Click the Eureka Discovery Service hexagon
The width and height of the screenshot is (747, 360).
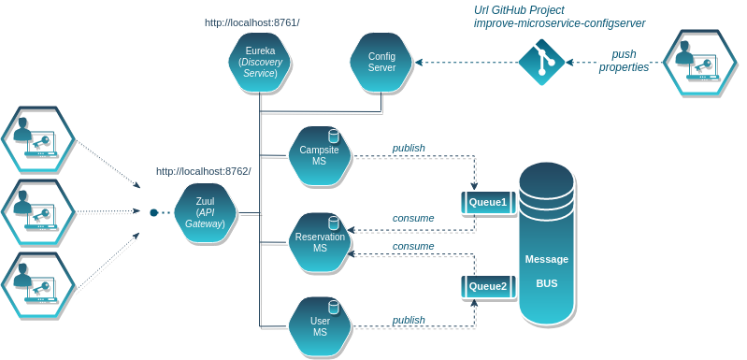[260, 63]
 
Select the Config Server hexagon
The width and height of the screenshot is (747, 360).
[381, 63]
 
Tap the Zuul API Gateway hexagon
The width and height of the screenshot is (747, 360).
[206, 214]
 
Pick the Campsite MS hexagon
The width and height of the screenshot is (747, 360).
[320, 156]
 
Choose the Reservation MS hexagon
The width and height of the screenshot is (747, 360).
[320, 242]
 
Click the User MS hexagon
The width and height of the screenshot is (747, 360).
[320, 327]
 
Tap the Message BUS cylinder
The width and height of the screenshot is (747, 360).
[546, 243]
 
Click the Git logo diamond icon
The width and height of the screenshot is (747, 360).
[541, 62]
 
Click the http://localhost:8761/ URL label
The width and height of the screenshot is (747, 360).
[252, 22]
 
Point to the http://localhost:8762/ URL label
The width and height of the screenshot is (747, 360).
[204, 171]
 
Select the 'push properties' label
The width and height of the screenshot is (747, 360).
[624, 61]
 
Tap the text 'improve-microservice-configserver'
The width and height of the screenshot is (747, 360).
[560, 22]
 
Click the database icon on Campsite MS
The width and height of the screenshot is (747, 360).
[334, 137]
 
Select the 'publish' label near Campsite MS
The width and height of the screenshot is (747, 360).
[409, 148]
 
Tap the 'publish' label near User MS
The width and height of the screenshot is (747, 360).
[409, 320]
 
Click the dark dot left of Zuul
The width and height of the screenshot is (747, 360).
[154, 212]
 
